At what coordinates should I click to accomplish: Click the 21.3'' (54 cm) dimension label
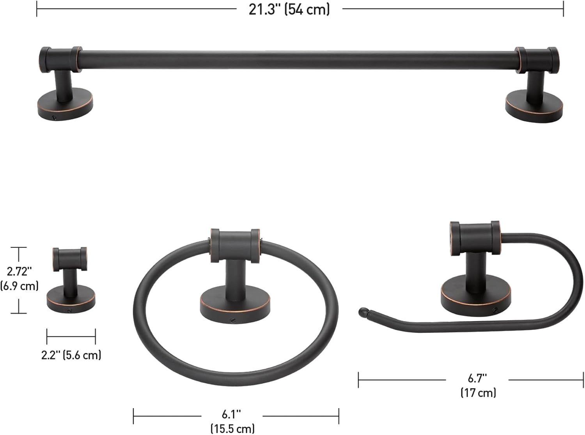coord(289,10)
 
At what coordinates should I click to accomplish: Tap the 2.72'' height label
coord(19,272)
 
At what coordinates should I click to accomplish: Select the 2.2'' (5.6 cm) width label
coord(71,355)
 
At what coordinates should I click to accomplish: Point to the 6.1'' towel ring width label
coord(231,414)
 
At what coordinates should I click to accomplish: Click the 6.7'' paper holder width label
coord(477,379)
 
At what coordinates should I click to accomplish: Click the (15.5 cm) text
coord(232,428)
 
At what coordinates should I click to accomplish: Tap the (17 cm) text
coord(478,393)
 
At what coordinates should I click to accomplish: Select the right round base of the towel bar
coord(534,106)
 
